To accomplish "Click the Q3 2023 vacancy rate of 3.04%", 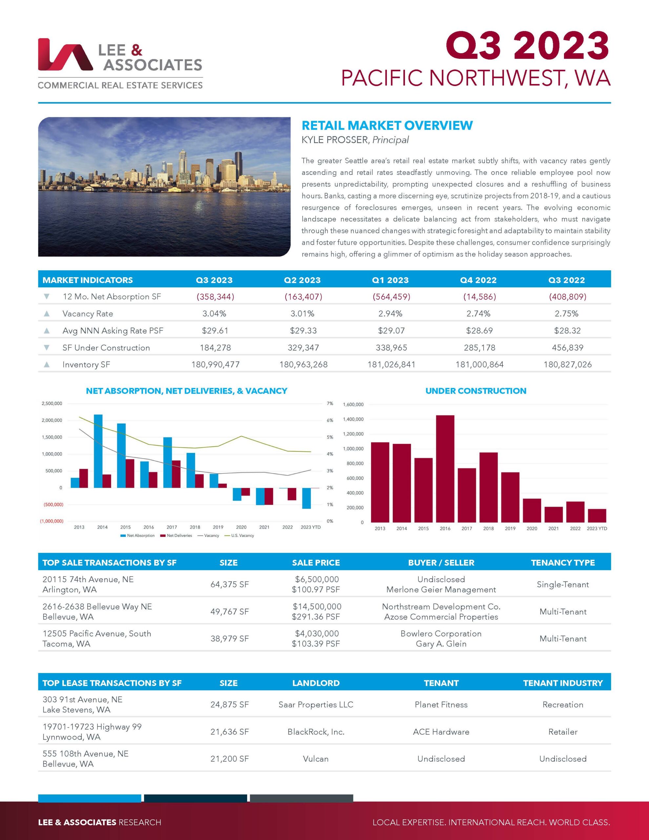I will pyautogui.click(x=214, y=314).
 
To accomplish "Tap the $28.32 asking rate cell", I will pyautogui.click(x=567, y=331).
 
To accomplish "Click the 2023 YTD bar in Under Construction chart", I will pyautogui.click(x=597, y=515).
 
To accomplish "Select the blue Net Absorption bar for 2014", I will pyautogui.click(x=98, y=451).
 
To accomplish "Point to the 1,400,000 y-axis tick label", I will pyautogui.click(x=353, y=419).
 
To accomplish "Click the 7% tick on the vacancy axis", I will pyautogui.click(x=330, y=404).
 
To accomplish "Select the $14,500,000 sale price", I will pyautogui.click(x=317, y=606).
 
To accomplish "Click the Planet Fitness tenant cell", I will pyautogui.click(x=441, y=704).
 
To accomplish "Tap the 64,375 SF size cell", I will pyautogui.click(x=229, y=585).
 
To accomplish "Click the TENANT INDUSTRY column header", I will pyautogui.click(x=562, y=683).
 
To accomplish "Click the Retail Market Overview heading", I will pyautogui.click(x=387, y=125).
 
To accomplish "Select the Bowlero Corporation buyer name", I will pyautogui.click(x=441, y=634).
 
